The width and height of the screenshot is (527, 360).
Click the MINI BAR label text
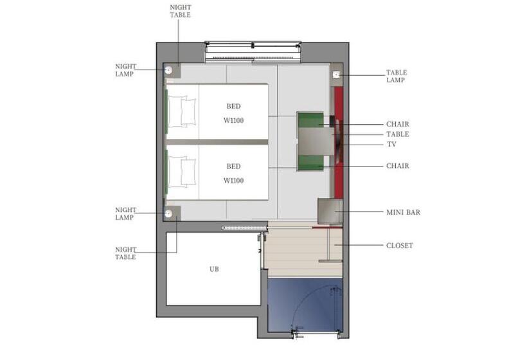[403, 212]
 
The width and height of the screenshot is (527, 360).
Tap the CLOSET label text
[399, 246]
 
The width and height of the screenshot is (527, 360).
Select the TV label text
[391, 144]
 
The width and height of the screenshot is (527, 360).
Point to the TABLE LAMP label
[397, 76]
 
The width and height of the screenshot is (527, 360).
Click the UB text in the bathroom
[214, 269]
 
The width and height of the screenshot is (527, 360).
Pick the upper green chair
[310, 120]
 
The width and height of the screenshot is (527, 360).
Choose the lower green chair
[310, 163]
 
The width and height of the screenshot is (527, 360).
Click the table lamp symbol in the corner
[336, 75]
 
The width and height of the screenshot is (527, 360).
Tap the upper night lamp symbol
[168, 70]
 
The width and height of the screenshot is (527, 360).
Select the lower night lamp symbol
[168, 213]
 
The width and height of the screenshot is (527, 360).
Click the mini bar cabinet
[330, 211]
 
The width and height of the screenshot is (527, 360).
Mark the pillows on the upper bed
[182, 112]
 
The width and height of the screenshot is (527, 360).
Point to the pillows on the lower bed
[182, 172]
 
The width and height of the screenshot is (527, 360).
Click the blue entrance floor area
[305, 305]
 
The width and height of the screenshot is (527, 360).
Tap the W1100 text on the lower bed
[233, 181]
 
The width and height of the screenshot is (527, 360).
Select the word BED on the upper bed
[233, 106]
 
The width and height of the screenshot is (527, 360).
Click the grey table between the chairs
[316, 141]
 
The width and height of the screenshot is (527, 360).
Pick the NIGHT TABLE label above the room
[181, 11]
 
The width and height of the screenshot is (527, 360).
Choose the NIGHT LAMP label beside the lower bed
[126, 214]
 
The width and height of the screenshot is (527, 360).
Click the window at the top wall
[253, 52]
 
